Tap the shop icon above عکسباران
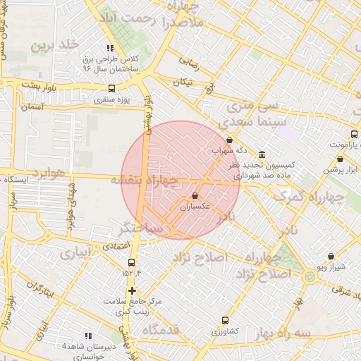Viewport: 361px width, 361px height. pyautogui.click(x=194, y=196)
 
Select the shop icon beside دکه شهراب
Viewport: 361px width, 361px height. pyautogui.click(x=230, y=140)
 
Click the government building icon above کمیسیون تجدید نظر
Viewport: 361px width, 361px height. pyautogui.click(x=262, y=154)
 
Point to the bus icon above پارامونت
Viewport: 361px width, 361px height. pyautogui.click(x=354, y=135)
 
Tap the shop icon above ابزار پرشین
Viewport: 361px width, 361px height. pyautogui.click(x=350, y=160)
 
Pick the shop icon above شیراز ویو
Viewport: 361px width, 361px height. pyautogui.click(x=331, y=257)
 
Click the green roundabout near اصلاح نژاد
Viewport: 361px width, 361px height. pyautogui.click(x=310, y=276)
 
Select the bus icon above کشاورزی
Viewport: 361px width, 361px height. pyautogui.click(x=226, y=320)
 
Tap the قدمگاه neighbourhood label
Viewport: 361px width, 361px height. pyautogui.click(x=161, y=330)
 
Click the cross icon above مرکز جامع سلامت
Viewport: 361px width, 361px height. pyautogui.click(x=132, y=290)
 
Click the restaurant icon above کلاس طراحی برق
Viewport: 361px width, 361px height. pyautogui.click(x=109, y=48)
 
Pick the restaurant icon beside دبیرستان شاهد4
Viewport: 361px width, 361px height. pyautogui.click(x=88, y=336)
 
